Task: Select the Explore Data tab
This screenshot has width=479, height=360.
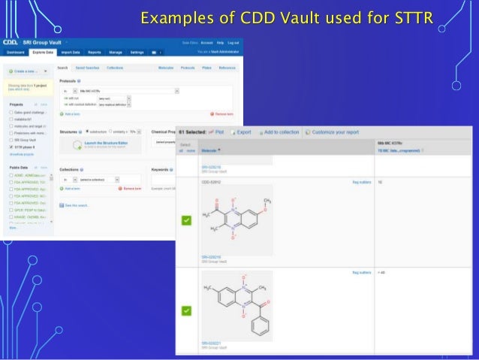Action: [43, 53]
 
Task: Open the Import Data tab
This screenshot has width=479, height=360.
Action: [71, 53]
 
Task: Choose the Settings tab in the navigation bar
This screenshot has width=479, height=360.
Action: [137, 53]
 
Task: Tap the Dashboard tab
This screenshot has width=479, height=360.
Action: [16, 53]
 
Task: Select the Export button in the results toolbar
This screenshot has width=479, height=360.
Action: [243, 132]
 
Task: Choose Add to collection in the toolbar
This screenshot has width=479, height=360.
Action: [279, 132]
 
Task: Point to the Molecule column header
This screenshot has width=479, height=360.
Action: [211, 150]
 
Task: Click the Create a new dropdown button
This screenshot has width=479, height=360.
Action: [27, 71]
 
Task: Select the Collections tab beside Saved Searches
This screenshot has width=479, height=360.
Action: [115, 68]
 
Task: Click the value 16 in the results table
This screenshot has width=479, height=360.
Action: [380, 181]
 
